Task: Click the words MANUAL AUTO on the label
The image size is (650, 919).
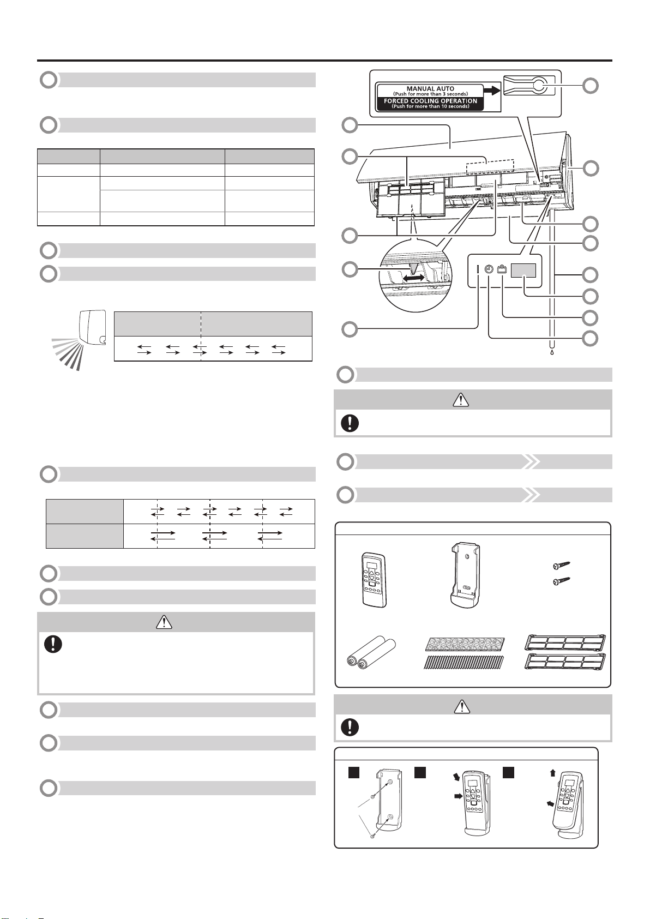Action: coord(430,88)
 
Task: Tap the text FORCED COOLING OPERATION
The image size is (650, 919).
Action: coord(430,100)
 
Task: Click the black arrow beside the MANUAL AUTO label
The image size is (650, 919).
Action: coord(492,90)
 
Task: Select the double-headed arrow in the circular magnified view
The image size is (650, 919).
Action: coord(414,278)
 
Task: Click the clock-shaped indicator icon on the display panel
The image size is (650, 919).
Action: coord(488,269)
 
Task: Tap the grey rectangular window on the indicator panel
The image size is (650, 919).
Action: coord(523,271)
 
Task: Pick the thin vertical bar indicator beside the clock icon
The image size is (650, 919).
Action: coord(478,269)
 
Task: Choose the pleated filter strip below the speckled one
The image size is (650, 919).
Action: coord(464,662)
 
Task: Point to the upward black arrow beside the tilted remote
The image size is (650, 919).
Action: coord(552,773)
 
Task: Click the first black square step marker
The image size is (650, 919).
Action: coord(354,772)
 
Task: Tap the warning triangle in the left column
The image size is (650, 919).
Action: coord(164,622)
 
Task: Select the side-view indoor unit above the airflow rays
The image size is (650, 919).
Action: coord(93,328)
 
